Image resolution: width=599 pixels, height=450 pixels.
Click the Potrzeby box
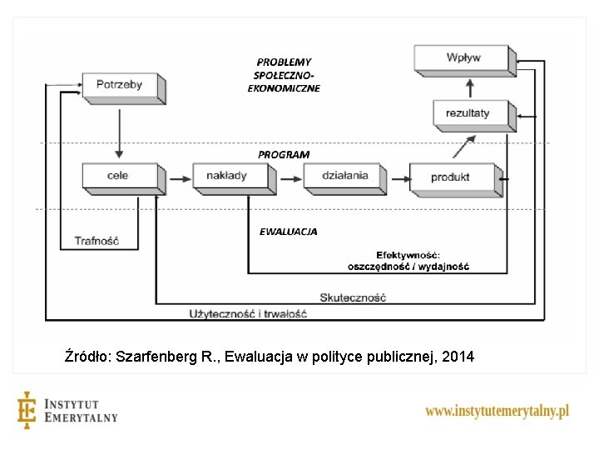point(119,84)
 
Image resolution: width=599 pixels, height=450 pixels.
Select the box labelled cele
point(118,176)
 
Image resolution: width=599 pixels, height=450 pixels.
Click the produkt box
point(451,177)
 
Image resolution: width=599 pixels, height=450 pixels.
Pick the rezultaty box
point(468,112)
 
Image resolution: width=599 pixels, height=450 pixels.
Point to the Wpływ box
point(463,57)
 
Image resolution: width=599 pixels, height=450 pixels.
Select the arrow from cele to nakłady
point(178,177)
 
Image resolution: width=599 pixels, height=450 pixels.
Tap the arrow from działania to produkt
point(399,177)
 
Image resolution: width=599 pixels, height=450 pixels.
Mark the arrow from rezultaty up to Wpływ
point(469,87)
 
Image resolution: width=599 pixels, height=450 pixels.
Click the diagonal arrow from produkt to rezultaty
point(464,146)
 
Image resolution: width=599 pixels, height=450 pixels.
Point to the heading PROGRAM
point(283,154)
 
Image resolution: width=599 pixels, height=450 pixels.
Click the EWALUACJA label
point(288,232)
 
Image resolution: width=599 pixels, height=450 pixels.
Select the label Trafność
point(97,242)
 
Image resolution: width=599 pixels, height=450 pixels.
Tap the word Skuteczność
point(353,297)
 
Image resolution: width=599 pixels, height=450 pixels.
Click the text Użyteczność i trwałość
point(248,314)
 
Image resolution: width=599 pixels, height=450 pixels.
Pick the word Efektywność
point(408,254)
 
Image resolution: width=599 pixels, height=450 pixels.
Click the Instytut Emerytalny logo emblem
point(27,410)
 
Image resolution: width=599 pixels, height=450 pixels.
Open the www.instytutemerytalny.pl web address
point(497,411)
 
